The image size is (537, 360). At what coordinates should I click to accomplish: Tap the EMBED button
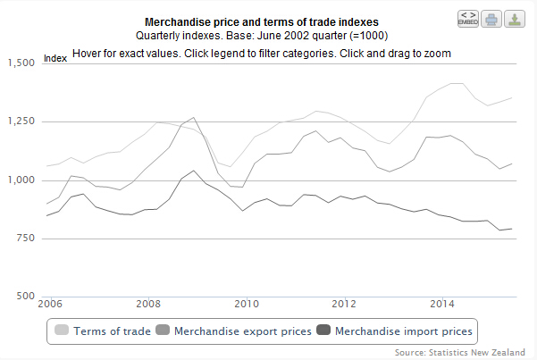click(x=467, y=18)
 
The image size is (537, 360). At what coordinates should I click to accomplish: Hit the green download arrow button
click(x=515, y=18)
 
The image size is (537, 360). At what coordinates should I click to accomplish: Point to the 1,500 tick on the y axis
click(x=21, y=63)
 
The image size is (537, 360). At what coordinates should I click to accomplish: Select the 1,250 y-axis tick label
click(x=21, y=121)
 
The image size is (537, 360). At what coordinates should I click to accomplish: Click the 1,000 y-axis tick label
click(x=21, y=180)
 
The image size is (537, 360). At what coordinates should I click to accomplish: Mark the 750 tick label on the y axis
click(x=24, y=239)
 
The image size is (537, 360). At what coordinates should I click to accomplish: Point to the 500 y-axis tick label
click(x=24, y=297)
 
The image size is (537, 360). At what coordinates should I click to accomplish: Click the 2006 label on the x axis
click(x=49, y=303)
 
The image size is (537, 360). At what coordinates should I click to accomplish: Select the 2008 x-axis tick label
click(x=148, y=303)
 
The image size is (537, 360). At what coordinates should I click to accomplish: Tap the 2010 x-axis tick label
click(x=247, y=303)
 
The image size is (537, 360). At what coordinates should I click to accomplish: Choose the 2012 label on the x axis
click(x=345, y=303)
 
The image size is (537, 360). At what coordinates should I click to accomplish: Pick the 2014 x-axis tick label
click(x=443, y=303)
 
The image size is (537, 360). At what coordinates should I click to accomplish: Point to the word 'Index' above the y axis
click(x=56, y=59)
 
